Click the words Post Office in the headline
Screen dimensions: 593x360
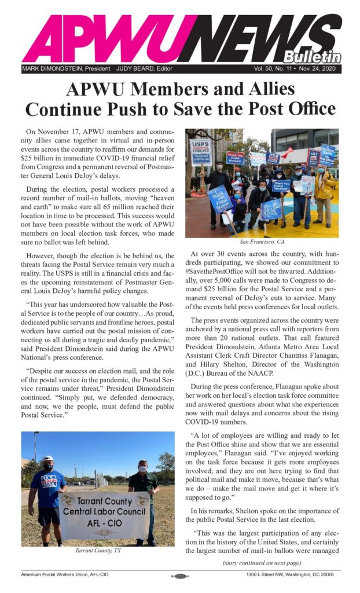(x=283, y=108)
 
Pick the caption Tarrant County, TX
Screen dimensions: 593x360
(x=98, y=550)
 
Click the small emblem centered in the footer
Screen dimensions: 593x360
(x=179, y=576)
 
